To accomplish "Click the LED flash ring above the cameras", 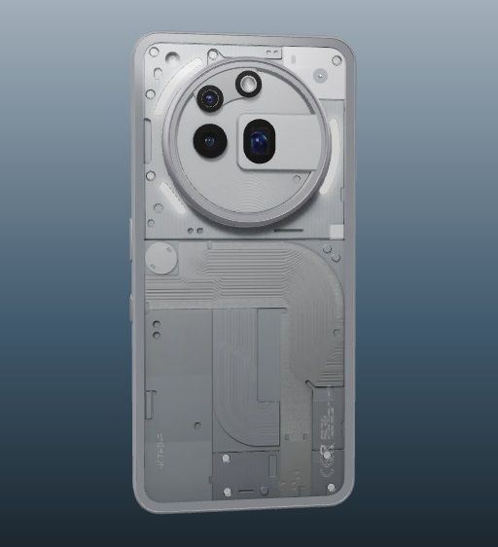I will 249,85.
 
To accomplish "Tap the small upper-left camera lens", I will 208,97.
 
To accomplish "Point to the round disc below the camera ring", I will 160,261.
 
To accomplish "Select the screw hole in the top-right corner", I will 337,60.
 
